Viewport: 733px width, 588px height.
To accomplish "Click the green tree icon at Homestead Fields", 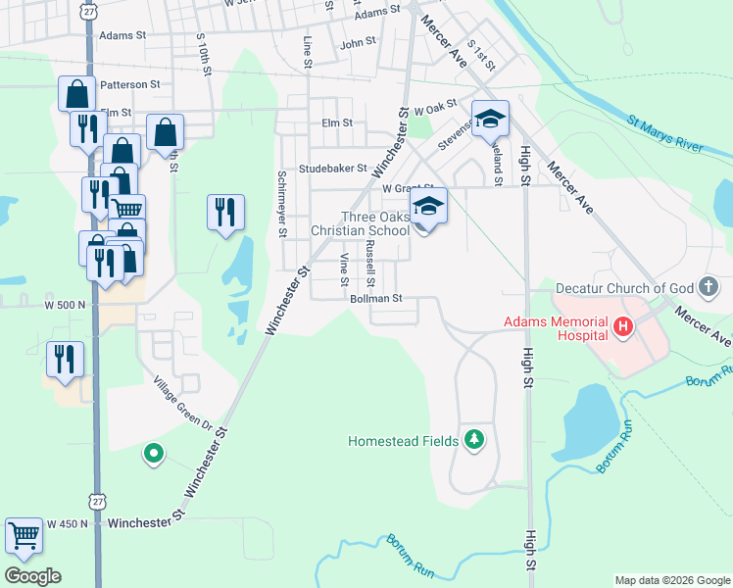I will tap(474, 440).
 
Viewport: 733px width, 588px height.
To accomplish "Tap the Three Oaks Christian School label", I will tap(360, 224).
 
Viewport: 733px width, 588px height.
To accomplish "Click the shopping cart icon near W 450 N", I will tap(24, 536).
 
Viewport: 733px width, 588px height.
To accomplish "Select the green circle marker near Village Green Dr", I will tap(153, 453).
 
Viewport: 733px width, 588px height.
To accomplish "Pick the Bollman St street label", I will tap(377, 298).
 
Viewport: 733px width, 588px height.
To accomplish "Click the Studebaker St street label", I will tap(332, 169).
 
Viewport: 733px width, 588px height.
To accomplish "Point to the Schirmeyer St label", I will tap(282, 204).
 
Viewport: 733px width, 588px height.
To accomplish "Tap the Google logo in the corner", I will tap(32, 575).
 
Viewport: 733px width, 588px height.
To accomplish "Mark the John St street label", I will tap(358, 43).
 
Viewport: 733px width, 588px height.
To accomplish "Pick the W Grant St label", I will tap(408, 187).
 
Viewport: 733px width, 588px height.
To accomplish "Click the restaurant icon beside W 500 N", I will tap(65, 360).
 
